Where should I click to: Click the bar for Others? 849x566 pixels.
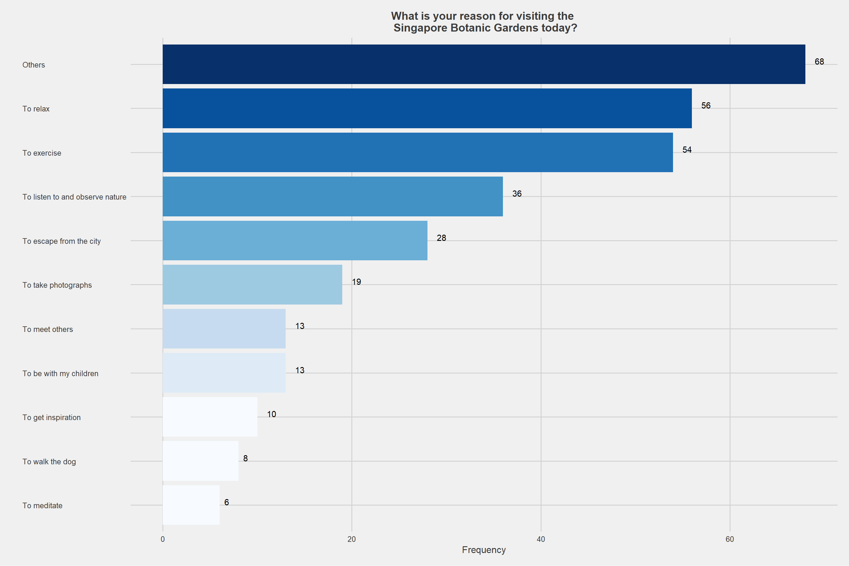point(484,64)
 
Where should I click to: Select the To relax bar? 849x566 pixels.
point(427,108)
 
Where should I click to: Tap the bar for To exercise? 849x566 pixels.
point(418,152)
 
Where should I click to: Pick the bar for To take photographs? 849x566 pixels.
point(252,284)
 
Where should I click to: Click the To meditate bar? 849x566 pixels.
point(191,505)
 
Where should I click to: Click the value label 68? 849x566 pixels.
point(819,62)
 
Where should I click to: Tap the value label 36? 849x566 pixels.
point(516,194)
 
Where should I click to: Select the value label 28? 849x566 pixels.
point(441,238)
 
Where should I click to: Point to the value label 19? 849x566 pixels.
point(356,282)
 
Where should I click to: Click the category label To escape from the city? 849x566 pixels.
point(61,241)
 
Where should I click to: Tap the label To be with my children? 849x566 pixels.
point(60,373)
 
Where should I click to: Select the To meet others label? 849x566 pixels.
point(48,329)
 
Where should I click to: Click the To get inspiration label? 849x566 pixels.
point(52,417)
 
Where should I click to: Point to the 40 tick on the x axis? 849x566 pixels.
point(541,539)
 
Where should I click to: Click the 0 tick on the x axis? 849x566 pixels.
point(163,539)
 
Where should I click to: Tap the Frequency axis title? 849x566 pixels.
point(484,550)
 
